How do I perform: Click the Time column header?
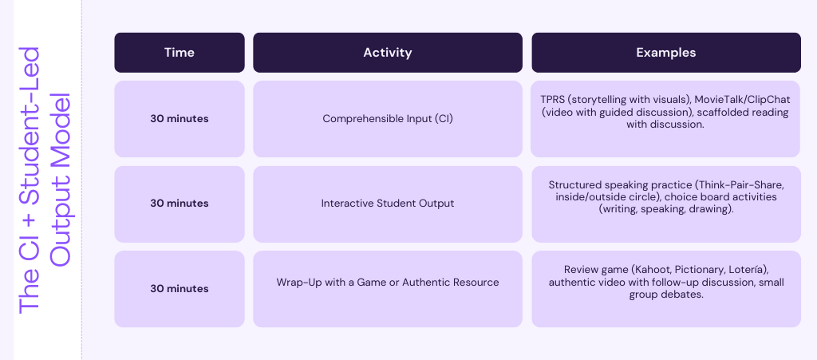pyautogui.click(x=180, y=53)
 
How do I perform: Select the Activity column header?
pyautogui.click(x=388, y=53)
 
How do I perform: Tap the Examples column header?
pyautogui.click(x=666, y=53)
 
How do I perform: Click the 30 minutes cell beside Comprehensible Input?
pyautogui.click(x=180, y=119)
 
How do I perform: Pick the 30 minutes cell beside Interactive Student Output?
pyautogui.click(x=180, y=204)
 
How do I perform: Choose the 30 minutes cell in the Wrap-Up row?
pyautogui.click(x=180, y=289)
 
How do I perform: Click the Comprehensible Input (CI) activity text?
pyautogui.click(x=388, y=119)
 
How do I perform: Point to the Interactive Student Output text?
pyautogui.click(x=388, y=204)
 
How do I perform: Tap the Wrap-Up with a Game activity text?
pyautogui.click(x=388, y=283)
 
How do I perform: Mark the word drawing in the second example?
pyautogui.click(x=712, y=210)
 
